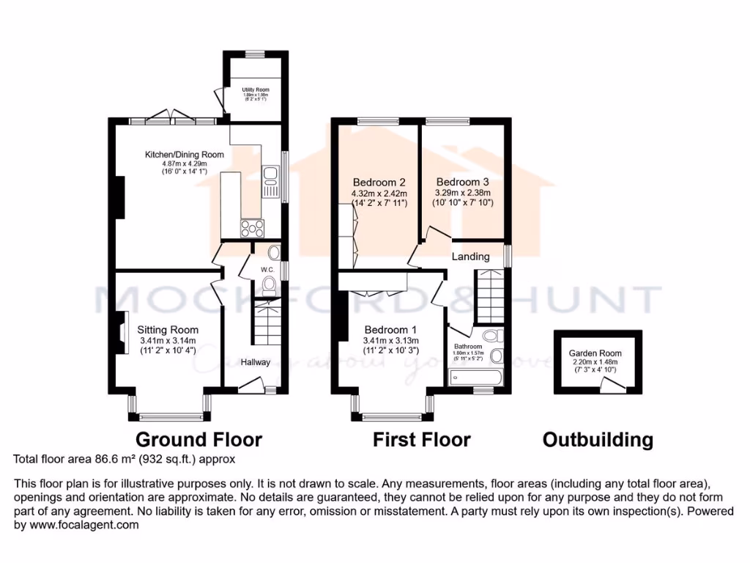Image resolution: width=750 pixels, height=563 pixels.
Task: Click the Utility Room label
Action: click(256, 89)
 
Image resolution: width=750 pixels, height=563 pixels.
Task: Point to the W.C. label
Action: click(267, 269)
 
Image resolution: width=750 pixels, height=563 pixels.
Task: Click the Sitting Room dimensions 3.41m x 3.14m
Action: click(168, 340)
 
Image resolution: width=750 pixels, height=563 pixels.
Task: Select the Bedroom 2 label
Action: click(379, 183)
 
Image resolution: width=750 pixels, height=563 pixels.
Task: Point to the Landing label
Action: click(470, 257)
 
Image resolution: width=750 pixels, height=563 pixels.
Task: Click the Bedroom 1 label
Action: click(390, 329)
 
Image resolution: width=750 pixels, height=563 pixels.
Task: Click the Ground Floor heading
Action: click(198, 440)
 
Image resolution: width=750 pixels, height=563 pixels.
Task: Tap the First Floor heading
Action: click(421, 440)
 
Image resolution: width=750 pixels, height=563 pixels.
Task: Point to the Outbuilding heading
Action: click(598, 440)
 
